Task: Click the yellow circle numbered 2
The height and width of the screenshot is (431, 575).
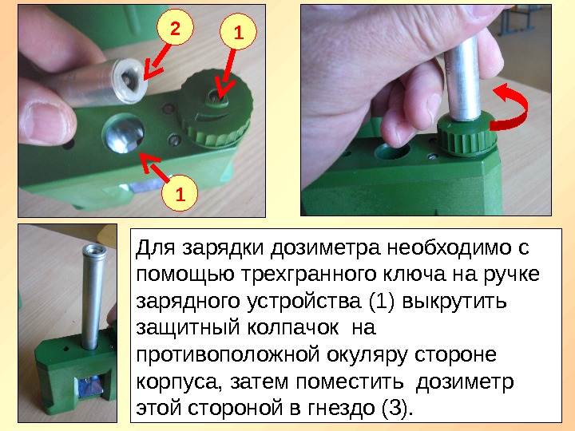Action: pos(175,27)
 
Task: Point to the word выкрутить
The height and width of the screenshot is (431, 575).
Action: pos(454,301)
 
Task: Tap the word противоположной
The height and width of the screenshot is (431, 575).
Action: pos(228,354)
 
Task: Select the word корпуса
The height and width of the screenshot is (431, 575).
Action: pos(179,382)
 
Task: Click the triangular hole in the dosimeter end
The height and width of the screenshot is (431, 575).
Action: pos(128,78)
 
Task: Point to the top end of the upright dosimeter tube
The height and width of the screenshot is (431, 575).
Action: pos(94,250)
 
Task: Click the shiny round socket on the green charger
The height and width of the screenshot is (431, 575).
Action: pos(123,132)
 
